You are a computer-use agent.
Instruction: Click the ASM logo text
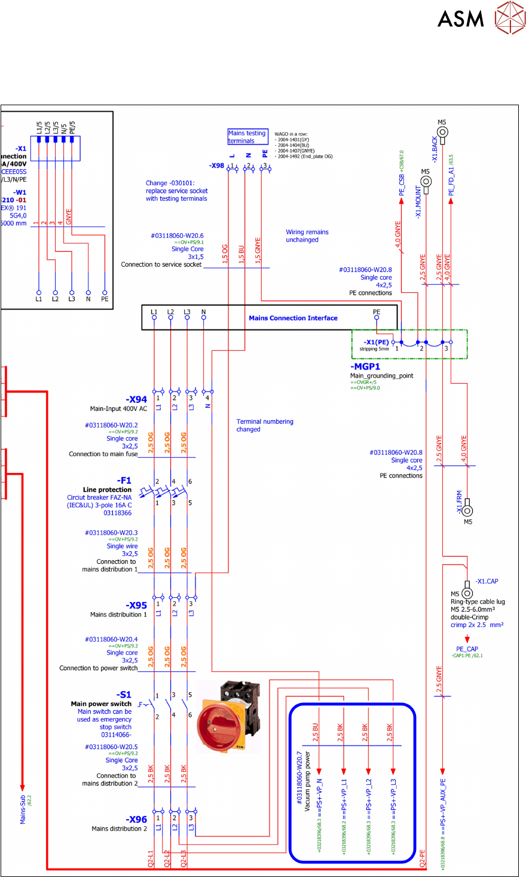click(460, 19)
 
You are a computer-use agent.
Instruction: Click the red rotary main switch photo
click(224, 716)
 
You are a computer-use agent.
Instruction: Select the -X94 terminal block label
click(136, 399)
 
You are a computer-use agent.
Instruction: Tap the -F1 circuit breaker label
click(125, 481)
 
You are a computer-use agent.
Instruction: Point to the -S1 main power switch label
click(125, 695)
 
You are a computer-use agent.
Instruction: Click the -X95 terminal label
click(136, 605)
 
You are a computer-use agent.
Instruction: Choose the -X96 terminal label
click(136, 820)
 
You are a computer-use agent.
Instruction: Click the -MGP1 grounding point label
click(365, 366)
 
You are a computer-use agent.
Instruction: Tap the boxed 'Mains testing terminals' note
click(247, 137)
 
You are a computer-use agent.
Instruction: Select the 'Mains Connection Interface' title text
click(293, 318)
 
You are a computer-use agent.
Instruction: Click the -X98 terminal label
click(216, 166)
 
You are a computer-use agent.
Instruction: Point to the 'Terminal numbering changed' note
click(265, 425)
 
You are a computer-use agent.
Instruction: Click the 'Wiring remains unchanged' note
click(307, 236)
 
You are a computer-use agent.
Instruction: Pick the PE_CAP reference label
click(467, 649)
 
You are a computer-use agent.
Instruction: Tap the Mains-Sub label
click(23, 809)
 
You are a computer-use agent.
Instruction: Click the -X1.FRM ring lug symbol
click(467, 510)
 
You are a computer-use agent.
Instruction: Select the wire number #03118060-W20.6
click(177, 236)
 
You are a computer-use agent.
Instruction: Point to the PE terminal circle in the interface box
click(377, 318)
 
